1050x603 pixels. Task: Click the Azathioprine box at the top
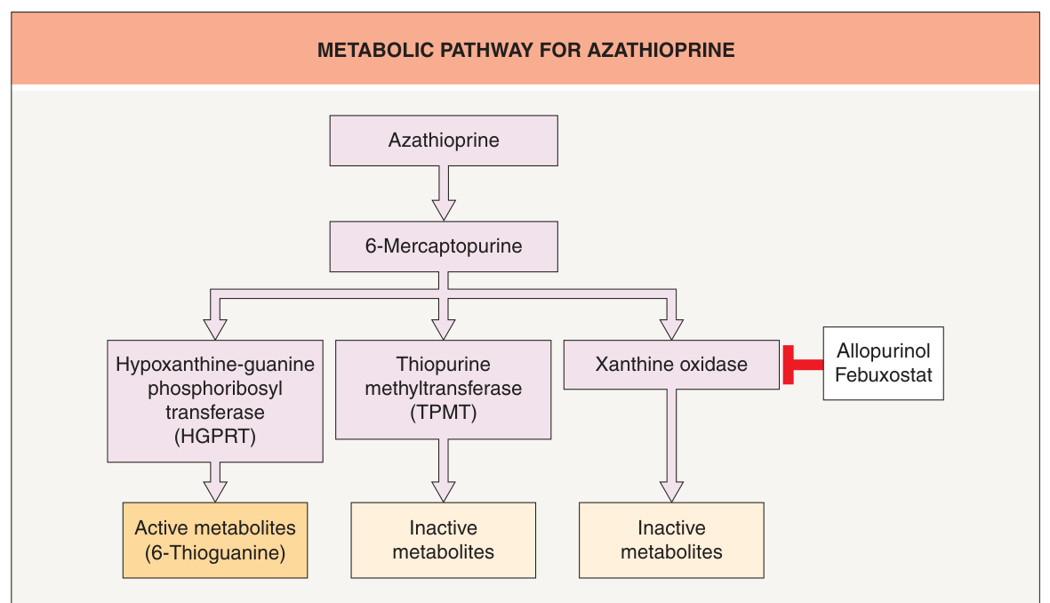[x=444, y=141]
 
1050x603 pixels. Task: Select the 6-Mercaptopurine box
[x=444, y=246]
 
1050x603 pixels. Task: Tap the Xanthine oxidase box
[x=671, y=365]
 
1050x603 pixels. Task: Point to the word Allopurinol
[x=883, y=351]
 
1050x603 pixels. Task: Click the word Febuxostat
[x=883, y=375]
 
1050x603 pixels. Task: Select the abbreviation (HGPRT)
[x=215, y=437]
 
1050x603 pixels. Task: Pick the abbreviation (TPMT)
[x=444, y=413]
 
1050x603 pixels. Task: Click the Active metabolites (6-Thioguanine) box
[x=215, y=540]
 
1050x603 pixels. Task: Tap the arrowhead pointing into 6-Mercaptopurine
[x=444, y=211]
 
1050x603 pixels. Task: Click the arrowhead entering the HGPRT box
[x=215, y=330]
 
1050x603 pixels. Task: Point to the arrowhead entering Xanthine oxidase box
[x=671, y=330]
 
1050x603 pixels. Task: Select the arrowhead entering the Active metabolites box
[x=215, y=492]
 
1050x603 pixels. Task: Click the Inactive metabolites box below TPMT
[x=444, y=540]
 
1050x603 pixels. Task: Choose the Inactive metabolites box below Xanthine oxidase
[x=671, y=540]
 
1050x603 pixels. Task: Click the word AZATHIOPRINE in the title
[x=661, y=50]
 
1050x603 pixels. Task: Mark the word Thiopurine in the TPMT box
[x=444, y=365]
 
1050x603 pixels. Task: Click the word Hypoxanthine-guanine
[x=215, y=365]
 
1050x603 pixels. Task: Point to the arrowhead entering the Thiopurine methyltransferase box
[x=444, y=330]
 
